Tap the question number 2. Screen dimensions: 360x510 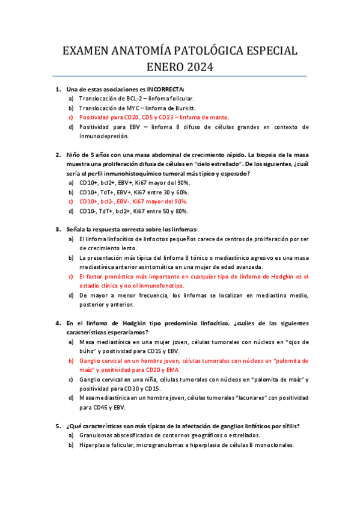click(58, 154)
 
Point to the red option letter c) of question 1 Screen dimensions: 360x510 click(72, 117)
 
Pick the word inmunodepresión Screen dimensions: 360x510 click(104, 136)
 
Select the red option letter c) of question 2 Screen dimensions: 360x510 click(72, 201)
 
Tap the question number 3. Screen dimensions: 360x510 click(58, 229)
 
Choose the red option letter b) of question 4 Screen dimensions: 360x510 click(72, 361)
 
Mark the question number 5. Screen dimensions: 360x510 click(58, 426)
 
